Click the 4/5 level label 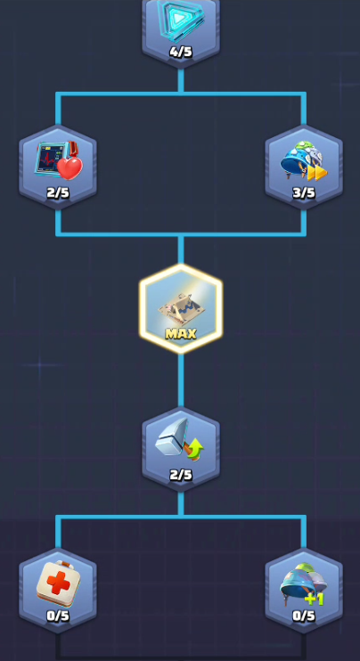pos(180,52)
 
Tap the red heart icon pos(70,167)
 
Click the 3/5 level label pos(304,192)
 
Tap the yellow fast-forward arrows pos(317,172)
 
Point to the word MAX pos(181,334)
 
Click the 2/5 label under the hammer pos(180,475)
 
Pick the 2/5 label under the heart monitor pos(58,192)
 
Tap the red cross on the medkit pos(58,583)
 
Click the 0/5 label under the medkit pos(58,616)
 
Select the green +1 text pos(314,598)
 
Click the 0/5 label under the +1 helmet pos(304,616)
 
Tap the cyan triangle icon pos(180,18)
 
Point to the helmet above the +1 pos(303,581)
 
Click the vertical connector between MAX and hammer pos(181,380)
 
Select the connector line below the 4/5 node pos(181,80)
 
